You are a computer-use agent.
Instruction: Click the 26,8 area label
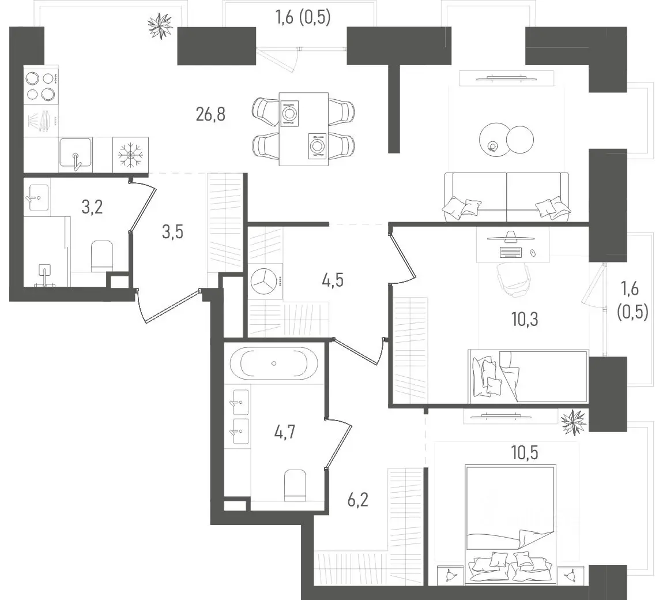point(210,114)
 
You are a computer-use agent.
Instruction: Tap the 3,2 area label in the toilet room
point(92,207)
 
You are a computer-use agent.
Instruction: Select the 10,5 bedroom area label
point(525,453)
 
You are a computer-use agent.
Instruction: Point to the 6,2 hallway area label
point(357,500)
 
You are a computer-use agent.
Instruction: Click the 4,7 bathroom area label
point(285,433)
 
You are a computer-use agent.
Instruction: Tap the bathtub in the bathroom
point(274,363)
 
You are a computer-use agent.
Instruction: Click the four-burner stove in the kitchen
point(41,87)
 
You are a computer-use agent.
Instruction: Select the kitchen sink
point(76,154)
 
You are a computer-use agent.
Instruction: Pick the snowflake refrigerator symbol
point(131,155)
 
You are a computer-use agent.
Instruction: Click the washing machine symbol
point(265,280)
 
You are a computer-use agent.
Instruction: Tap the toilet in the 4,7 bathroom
point(295,485)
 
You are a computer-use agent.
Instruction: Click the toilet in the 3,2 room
point(102,256)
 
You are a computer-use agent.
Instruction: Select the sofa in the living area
point(507,197)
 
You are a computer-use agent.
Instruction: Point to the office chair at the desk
point(514,279)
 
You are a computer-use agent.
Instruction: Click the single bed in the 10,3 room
point(528,376)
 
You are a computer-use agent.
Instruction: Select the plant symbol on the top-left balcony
point(160,26)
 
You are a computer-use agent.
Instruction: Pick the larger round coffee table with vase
point(494,139)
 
